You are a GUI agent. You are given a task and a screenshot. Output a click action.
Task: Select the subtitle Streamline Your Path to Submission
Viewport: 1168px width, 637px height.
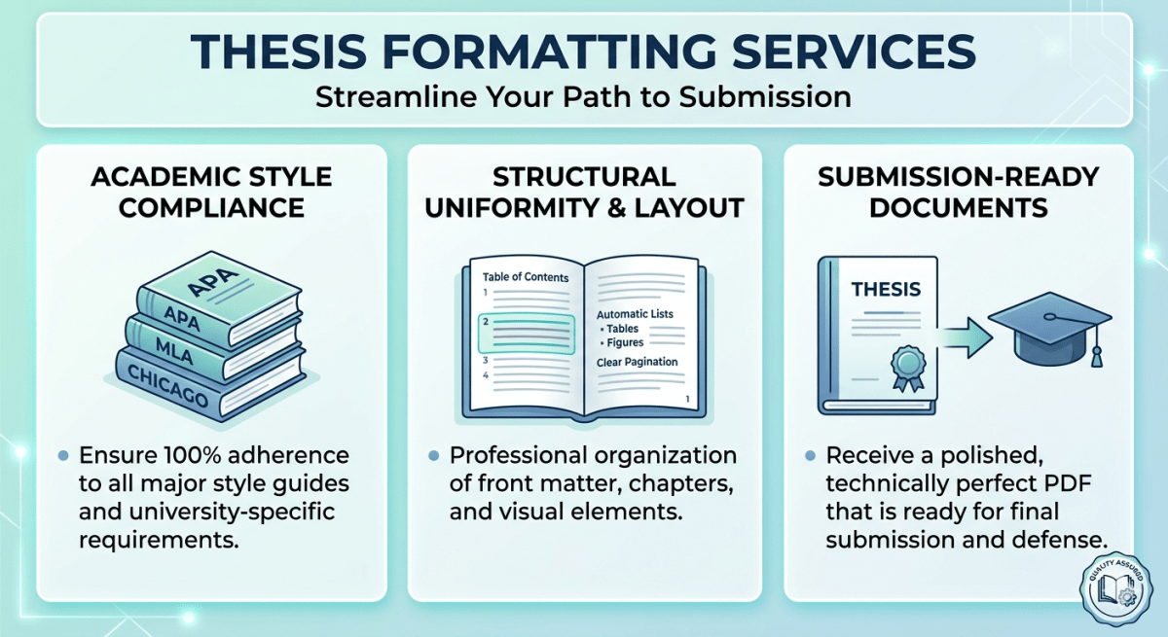pos(584,97)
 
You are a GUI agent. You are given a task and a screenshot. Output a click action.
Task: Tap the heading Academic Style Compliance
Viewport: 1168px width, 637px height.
pos(211,193)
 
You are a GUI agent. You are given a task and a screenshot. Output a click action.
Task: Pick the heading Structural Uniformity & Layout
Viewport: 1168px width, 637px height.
pos(584,193)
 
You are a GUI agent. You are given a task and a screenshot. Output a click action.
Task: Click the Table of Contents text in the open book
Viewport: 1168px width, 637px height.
pos(526,277)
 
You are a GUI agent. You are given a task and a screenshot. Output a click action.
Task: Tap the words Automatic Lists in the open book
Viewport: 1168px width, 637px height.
pos(635,314)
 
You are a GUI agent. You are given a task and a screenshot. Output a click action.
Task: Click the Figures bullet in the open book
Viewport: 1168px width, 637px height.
pos(626,342)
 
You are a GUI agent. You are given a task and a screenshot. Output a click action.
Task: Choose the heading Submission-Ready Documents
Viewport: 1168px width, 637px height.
pos(958,193)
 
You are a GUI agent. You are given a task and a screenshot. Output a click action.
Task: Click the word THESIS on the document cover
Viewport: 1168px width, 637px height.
pos(885,290)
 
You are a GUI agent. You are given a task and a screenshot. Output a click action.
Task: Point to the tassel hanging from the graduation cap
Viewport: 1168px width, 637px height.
pos(1097,350)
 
